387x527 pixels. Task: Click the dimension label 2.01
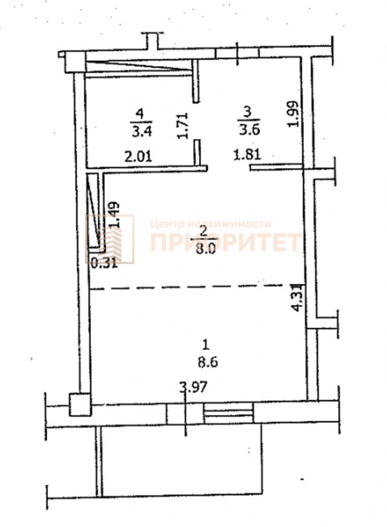click(138, 157)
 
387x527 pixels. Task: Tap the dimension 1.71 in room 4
click(183, 126)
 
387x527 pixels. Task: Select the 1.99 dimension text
click(293, 114)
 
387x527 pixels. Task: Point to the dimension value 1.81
click(248, 155)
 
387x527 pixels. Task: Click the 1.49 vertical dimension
click(114, 215)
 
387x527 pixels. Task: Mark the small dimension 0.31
click(104, 262)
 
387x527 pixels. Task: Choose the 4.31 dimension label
click(298, 298)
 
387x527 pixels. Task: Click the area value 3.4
click(141, 131)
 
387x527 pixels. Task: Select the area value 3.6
click(249, 129)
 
